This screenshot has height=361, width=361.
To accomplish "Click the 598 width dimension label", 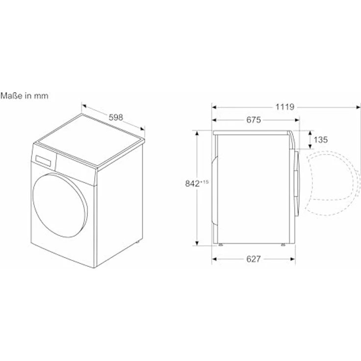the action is pos(116,117).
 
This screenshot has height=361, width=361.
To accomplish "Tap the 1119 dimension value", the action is pos(285,107).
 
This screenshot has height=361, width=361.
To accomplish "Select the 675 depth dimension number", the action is pos(254,120).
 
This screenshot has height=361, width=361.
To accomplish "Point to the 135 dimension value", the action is pos(321,140).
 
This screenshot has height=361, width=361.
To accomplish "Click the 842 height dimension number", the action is pos(192,183).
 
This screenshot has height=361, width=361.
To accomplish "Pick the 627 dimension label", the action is pos(254,259).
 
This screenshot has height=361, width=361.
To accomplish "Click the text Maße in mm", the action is pos(25,96).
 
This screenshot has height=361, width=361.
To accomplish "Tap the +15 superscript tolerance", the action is pos(204,182).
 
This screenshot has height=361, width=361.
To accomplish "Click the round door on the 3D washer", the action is pos(60,206).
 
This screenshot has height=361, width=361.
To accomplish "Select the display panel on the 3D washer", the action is pos(43,160).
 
